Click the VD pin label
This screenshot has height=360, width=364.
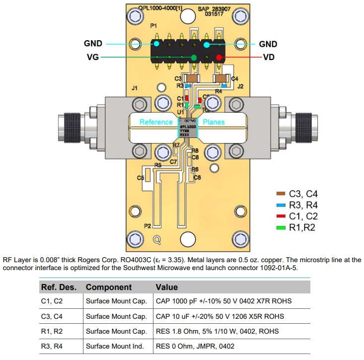pyautogui.click(x=268, y=57)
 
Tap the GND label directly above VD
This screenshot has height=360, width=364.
pyautogui.click(x=268, y=44)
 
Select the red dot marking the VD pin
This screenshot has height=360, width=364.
pyautogui.click(x=219, y=58)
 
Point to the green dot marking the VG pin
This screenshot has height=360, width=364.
pyautogui.click(x=194, y=58)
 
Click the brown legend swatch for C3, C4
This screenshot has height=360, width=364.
pyautogui.click(x=281, y=194)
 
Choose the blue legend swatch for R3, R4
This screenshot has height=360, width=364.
pyautogui.click(x=281, y=205)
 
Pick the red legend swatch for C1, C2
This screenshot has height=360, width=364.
pyautogui.click(x=281, y=216)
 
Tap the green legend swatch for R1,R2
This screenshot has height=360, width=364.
pyautogui.click(x=281, y=227)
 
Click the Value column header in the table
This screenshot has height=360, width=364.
pyautogui.click(x=167, y=287)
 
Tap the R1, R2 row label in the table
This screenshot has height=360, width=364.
pyautogui.click(x=52, y=331)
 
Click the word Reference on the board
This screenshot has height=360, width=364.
pyautogui.click(x=155, y=122)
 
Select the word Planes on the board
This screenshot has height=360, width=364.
pyautogui.click(x=214, y=122)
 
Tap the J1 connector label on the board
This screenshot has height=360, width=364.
pyautogui.click(x=134, y=88)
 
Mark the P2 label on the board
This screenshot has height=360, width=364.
pyautogui.click(x=147, y=226)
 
